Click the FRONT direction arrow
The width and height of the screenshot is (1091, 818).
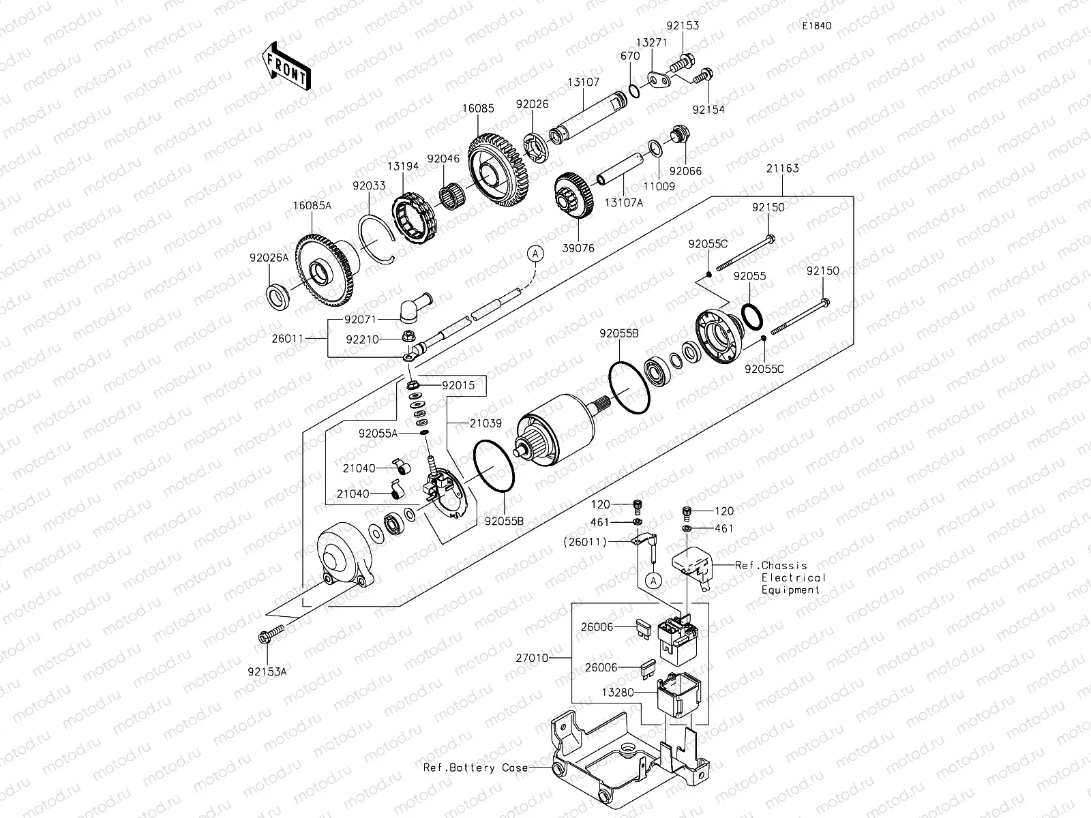pos(286,66)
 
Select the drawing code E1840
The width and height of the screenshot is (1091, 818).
pos(817,26)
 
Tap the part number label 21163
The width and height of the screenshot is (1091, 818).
pos(782,168)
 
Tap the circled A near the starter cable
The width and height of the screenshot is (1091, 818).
pos(536,254)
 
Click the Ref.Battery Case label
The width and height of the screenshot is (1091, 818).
pos(475,768)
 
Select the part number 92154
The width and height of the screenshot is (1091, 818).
pos(708,109)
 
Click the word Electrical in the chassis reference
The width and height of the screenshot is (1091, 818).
pos(793,577)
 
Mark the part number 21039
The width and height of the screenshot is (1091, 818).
pos(485,423)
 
